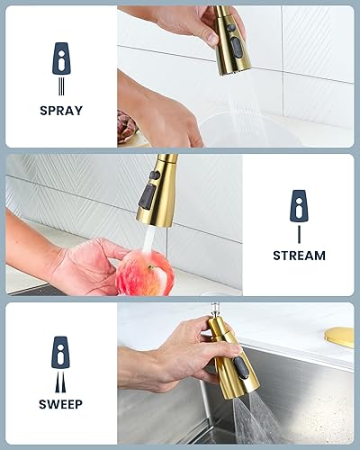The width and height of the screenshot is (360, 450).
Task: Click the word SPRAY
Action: [61, 111]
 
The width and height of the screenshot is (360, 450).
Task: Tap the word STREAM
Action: [299, 256]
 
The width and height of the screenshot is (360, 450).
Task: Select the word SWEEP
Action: [61, 405]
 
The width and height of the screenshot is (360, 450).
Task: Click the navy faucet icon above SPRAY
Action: [61, 58]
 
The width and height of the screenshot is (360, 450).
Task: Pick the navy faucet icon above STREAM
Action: [299, 206]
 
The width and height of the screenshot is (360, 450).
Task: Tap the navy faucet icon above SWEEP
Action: [61, 352]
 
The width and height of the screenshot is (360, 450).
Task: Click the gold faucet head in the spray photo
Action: [231, 40]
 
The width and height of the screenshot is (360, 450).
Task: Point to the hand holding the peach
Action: [85, 265]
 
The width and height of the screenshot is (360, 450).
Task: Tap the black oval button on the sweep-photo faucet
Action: [240, 368]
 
